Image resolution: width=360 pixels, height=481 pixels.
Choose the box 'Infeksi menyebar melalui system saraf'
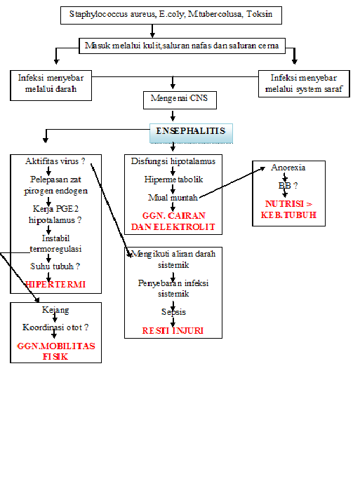coord(303,83)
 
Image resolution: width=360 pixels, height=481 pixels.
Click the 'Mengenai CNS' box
coord(180,99)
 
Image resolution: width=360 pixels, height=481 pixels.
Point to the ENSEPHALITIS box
coord(191,132)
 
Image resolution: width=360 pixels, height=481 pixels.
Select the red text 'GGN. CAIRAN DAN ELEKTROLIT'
coord(173,222)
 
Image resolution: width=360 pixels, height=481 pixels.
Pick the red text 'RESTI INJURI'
coord(173,330)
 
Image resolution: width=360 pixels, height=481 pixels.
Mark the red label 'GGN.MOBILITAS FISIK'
coord(56,351)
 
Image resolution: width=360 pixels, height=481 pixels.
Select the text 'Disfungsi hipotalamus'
coord(173,161)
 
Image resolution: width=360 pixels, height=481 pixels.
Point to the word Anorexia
coord(288,168)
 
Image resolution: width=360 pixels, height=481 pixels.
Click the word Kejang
coord(56,309)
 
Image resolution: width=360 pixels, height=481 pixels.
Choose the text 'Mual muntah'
coord(173,197)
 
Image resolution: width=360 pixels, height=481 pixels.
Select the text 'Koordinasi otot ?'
coord(56,327)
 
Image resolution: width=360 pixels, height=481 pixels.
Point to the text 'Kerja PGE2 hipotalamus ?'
coord(55,214)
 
